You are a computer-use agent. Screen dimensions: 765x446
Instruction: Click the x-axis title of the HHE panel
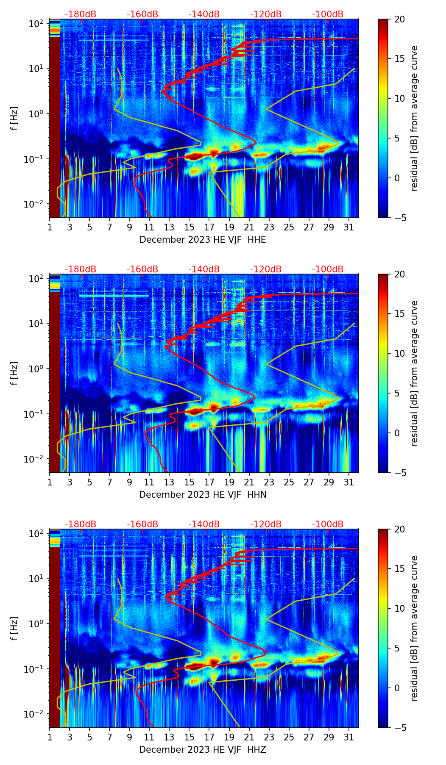(203, 240)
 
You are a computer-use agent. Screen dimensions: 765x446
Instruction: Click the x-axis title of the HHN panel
(203, 495)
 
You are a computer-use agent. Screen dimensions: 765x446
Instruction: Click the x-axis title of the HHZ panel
(203, 750)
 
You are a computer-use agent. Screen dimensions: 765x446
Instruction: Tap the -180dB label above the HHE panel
(81, 14)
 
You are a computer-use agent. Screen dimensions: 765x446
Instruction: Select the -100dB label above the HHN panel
(328, 269)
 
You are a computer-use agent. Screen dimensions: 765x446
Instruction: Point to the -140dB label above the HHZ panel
(204, 524)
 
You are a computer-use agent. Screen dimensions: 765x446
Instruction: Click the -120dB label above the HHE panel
(266, 14)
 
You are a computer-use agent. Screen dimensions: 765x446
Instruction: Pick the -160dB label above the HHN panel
(142, 269)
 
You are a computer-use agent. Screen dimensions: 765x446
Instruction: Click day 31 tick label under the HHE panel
(349, 227)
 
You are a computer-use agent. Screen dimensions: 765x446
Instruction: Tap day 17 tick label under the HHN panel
(209, 482)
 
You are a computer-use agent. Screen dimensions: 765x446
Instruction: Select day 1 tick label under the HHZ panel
(50, 737)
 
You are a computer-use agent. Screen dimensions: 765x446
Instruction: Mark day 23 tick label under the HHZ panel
(269, 737)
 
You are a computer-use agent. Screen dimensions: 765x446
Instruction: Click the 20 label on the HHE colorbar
(400, 19)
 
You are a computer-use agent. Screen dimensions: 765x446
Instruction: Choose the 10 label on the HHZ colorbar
(400, 609)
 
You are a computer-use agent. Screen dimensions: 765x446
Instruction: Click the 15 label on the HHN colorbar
(400, 314)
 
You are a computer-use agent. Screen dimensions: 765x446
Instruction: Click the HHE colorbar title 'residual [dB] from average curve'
(414, 118)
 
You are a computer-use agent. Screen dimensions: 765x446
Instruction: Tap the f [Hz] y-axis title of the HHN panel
(14, 373)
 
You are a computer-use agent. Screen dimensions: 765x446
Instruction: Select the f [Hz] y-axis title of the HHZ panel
(14, 628)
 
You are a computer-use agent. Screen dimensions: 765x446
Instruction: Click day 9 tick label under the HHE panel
(129, 227)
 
